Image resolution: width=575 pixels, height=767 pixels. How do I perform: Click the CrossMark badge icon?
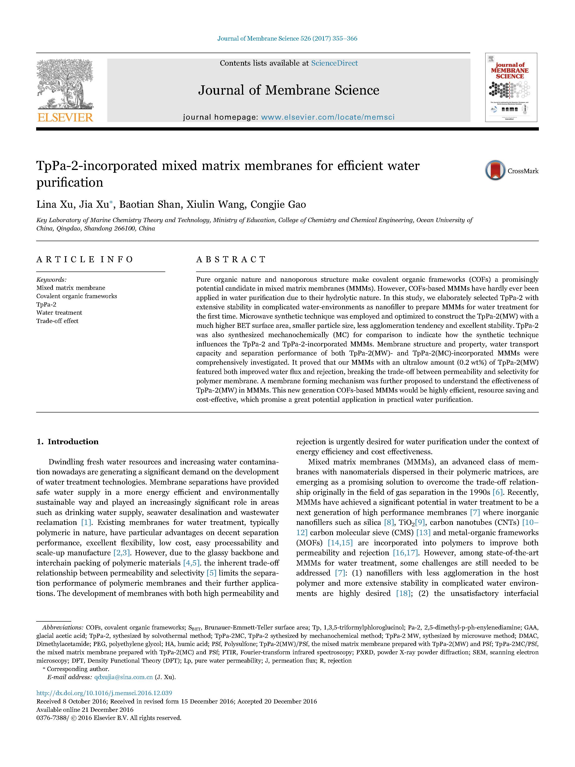click(495, 170)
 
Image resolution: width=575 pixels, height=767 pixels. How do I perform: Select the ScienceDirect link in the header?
click(334, 63)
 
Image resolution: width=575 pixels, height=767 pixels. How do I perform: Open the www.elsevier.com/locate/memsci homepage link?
click(327, 117)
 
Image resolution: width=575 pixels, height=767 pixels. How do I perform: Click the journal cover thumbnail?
click(511, 87)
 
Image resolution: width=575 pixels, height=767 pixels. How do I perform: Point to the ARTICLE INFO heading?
click(85, 259)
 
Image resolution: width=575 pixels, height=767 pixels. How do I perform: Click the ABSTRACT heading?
click(231, 259)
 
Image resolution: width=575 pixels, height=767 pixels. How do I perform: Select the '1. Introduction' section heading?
click(68, 441)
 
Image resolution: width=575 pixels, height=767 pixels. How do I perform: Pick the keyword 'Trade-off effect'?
click(57, 321)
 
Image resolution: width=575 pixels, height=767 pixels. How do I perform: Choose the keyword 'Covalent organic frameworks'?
click(77, 296)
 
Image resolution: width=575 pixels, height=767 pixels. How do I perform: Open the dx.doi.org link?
click(104, 693)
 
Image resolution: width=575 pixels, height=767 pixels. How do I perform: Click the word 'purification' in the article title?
click(70, 182)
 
